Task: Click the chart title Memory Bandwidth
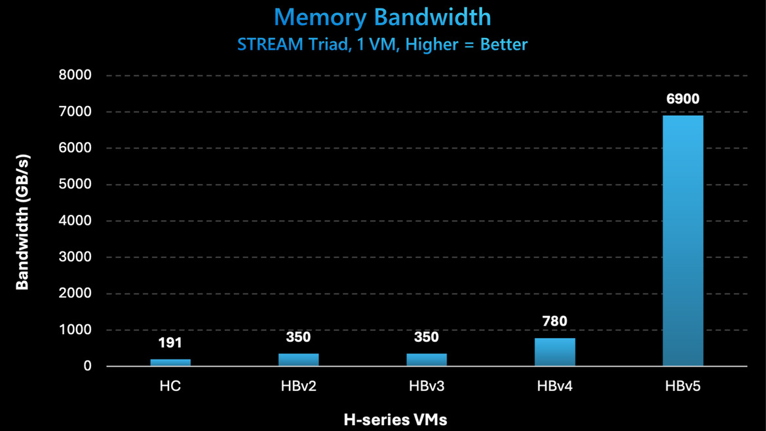[383, 18]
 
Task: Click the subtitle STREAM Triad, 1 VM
[383, 45]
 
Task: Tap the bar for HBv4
[555, 352]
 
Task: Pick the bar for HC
[170, 362]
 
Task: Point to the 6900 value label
[683, 100]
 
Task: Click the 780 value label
[555, 322]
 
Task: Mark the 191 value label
[170, 343]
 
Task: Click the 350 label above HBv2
[298, 338]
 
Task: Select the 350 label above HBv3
[427, 338]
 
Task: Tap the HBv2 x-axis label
[298, 386]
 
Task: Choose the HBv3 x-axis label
[427, 386]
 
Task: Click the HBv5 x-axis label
[683, 386]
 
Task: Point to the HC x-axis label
[170, 386]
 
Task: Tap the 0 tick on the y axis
[87, 366]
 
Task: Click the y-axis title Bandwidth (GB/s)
[22, 221]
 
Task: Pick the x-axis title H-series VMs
[396, 419]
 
